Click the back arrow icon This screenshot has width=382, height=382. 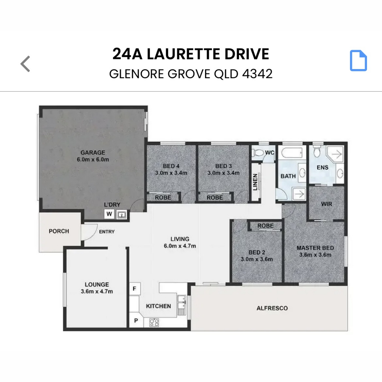click(25, 64)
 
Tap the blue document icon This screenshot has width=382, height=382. click(358, 61)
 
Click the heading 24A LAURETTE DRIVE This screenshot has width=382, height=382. click(191, 54)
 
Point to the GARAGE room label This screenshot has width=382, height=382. click(93, 153)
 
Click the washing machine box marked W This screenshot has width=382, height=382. click(109, 214)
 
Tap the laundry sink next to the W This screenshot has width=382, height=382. click(121, 215)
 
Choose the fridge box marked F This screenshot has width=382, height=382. click(135, 289)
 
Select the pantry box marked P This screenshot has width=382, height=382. click(136, 321)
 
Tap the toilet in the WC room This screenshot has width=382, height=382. click(257, 153)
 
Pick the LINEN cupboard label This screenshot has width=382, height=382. click(255, 182)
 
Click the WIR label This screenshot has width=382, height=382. click(326, 204)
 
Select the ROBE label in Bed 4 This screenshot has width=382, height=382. click(163, 197)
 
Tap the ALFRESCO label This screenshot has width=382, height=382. click(272, 308)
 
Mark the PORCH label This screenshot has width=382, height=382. click(59, 231)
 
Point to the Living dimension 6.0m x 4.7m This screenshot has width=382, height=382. click(180, 246)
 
